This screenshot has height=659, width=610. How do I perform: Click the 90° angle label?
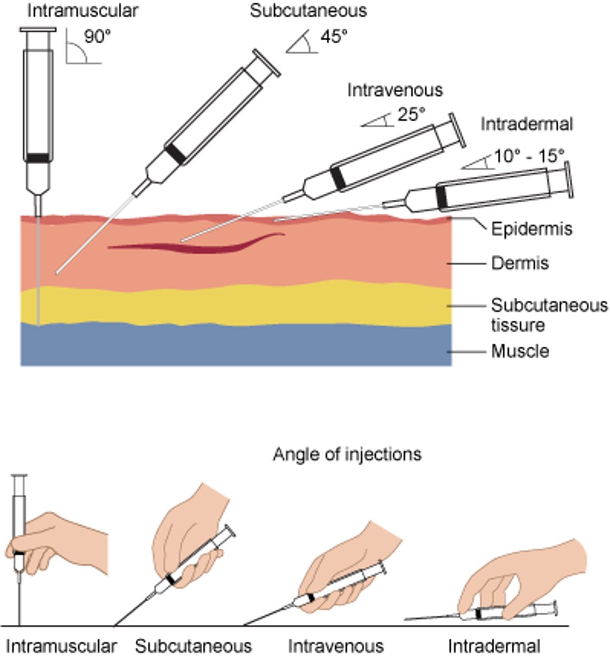point(97,37)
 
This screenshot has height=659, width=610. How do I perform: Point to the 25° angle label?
point(411,116)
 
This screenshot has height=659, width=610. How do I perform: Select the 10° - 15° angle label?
point(529,157)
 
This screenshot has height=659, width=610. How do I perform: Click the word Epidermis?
point(531,228)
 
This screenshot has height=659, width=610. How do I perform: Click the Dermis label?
point(519,264)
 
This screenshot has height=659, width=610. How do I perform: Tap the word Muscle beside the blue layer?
point(520,351)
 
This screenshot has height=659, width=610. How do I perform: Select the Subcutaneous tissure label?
point(548,315)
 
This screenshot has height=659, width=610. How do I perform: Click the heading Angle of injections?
point(347,455)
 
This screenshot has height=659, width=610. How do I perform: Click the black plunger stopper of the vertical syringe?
point(38,158)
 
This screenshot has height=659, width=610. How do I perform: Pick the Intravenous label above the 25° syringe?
point(394,90)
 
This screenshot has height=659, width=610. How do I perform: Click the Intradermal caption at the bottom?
point(493,646)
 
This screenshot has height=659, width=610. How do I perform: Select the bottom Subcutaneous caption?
point(193,646)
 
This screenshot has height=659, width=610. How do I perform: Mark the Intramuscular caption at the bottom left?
point(62,646)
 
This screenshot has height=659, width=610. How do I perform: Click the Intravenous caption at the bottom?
point(335,646)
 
